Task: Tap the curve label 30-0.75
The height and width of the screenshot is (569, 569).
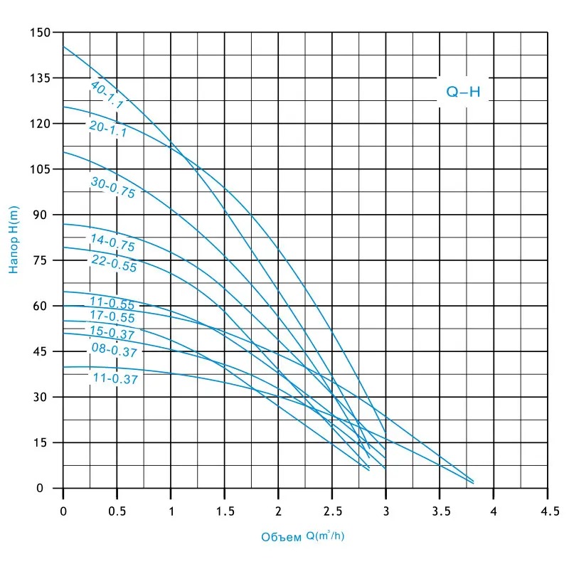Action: point(112,187)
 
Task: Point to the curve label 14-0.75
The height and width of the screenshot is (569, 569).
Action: point(112,242)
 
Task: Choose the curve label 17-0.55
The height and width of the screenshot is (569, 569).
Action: point(112,317)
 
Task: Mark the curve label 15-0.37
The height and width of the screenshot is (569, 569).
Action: point(112,332)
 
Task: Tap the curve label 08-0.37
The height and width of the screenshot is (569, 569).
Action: point(114,349)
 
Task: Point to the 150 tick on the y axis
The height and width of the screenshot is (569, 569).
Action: point(42,33)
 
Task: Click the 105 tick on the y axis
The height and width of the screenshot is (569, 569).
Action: point(42,169)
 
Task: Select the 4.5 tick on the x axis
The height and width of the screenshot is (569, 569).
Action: point(548,510)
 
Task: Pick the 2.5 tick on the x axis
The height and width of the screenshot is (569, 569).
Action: point(332,510)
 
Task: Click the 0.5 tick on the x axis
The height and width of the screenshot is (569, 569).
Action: point(117,510)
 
